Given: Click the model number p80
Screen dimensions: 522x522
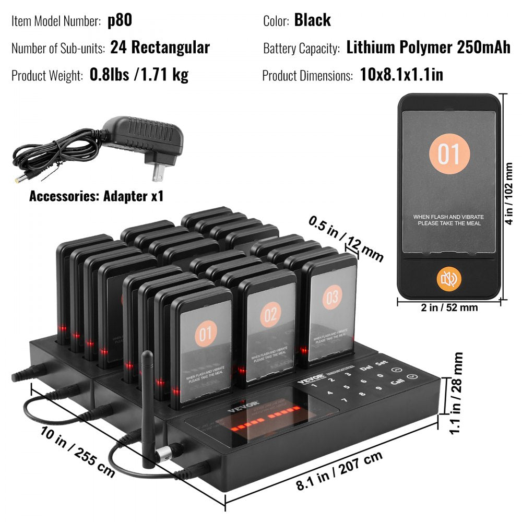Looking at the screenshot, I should [120, 20].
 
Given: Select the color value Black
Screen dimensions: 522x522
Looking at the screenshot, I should [312, 20].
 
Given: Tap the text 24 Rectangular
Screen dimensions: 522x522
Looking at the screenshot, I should [160, 48].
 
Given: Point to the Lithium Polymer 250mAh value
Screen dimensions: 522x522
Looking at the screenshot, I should [428, 48].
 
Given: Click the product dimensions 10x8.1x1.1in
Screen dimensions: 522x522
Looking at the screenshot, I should [401, 75].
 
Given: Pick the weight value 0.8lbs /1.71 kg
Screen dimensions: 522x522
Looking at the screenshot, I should [139, 75].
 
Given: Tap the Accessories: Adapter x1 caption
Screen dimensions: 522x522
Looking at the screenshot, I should [96, 196].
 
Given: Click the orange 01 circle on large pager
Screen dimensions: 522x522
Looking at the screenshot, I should [449, 154].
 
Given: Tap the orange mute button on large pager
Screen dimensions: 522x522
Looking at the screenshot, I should [449, 279].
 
